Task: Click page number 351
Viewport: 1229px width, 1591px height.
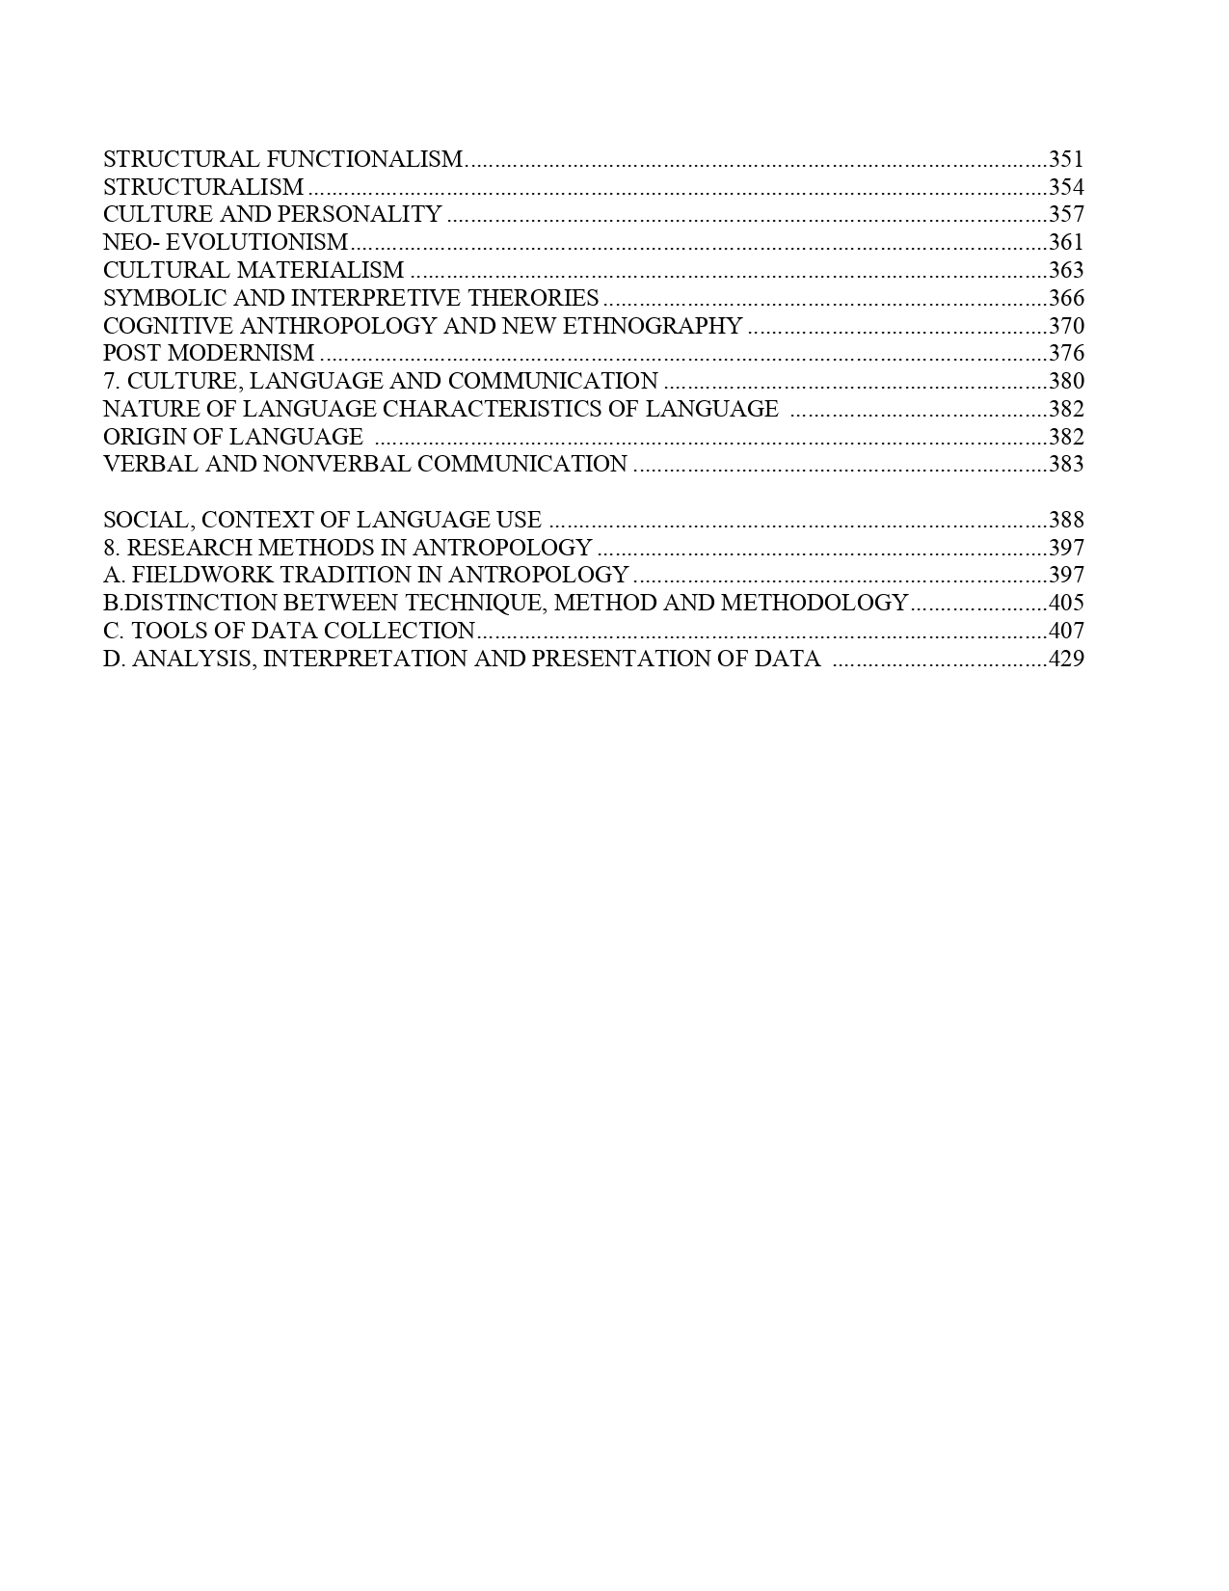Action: pyautogui.click(x=1066, y=159)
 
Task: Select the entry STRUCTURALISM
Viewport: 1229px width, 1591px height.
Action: pyautogui.click(x=203, y=187)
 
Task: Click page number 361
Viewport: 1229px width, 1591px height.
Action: pyautogui.click(x=1066, y=242)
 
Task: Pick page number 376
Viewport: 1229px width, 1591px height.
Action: pyautogui.click(x=1066, y=353)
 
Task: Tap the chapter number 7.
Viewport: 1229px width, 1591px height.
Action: pyautogui.click(x=109, y=381)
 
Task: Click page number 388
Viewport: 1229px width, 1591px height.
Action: pyautogui.click(x=1066, y=520)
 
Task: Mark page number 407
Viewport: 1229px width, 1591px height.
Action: pyautogui.click(x=1066, y=631)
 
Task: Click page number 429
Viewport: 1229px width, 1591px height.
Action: pyautogui.click(x=1066, y=659)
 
